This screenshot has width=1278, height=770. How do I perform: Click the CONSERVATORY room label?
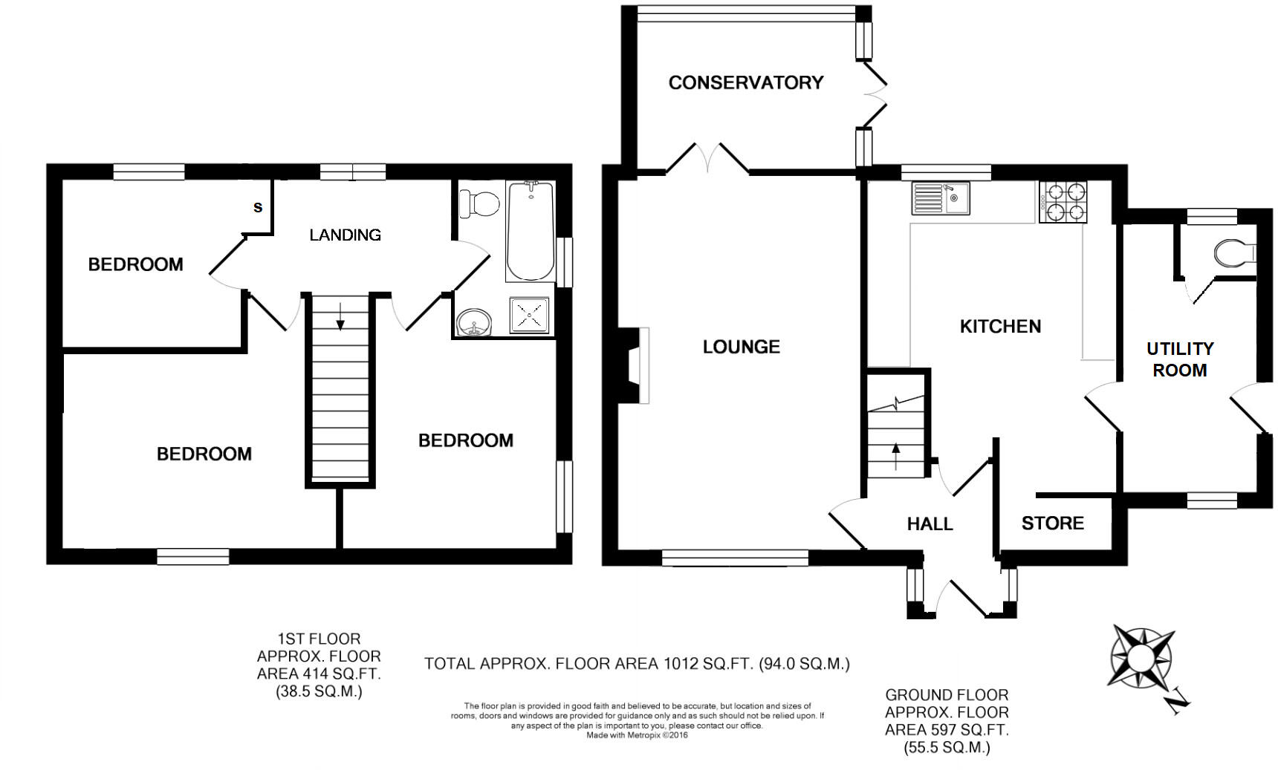tap(745, 82)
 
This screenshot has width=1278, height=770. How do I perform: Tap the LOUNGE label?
tap(741, 347)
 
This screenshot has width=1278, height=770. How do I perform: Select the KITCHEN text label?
tap(1000, 326)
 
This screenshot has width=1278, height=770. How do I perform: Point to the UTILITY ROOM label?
tap(1180, 359)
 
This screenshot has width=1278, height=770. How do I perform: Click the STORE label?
tap(1052, 523)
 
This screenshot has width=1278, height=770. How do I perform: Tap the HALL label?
tap(930, 524)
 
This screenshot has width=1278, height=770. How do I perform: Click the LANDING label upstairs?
tap(345, 235)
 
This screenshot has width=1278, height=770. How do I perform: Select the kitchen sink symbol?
tap(939, 198)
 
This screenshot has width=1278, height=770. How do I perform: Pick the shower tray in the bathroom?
tap(530, 316)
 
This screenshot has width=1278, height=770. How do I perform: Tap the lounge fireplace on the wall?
tap(632, 365)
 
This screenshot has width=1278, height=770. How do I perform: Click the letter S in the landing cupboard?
tap(258, 207)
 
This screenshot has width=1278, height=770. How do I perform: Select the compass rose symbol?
tap(1141, 657)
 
